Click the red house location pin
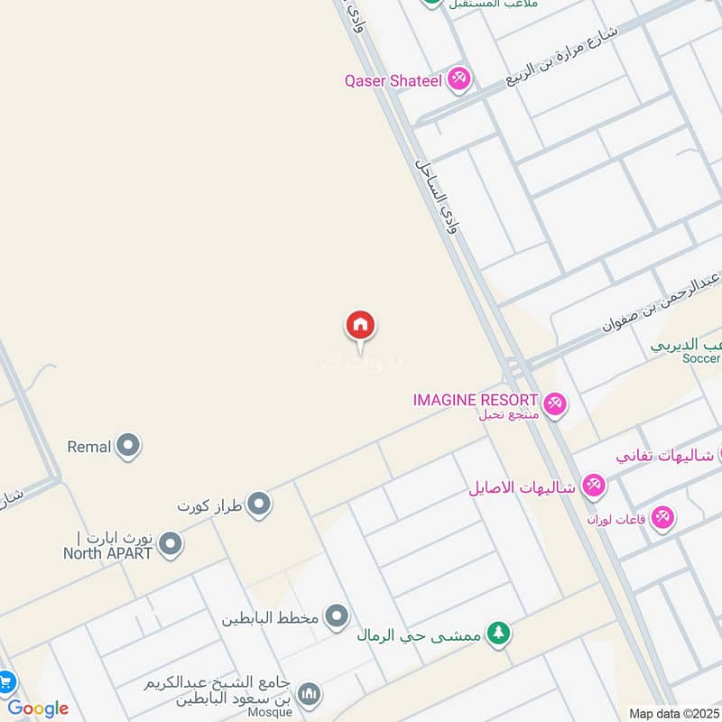(360, 327)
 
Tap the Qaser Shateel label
(393, 80)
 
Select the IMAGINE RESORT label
(476, 400)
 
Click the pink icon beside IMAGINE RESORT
(556, 403)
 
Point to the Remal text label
(89, 446)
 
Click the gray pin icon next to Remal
(129, 446)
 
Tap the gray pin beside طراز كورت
(259, 504)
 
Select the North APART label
(107, 553)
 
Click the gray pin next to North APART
(170, 544)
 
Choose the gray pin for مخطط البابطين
(338, 617)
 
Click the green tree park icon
(497, 634)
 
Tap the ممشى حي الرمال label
(418, 635)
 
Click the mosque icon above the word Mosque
(310, 693)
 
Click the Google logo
(38, 708)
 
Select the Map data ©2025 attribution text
(674, 713)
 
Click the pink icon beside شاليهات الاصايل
(594, 487)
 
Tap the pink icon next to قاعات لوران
(663, 518)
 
